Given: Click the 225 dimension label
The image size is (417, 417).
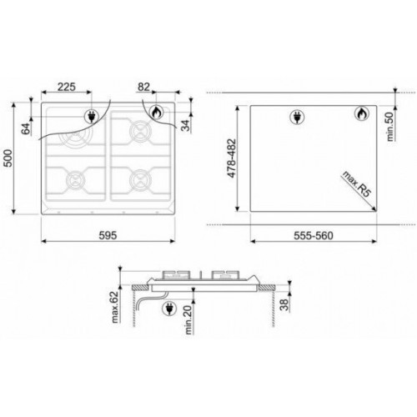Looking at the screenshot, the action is (x=67, y=87).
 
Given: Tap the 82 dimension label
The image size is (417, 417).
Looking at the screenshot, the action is (x=143, y=87).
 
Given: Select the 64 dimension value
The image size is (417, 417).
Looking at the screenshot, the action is (x=26, y=128).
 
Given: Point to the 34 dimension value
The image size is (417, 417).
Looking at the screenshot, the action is (x=185, y=124).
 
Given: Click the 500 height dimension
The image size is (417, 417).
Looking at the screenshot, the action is (x=8, y=158).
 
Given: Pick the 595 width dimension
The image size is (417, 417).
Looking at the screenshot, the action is (x=108, y=235).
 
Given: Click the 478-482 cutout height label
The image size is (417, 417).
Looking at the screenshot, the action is (x=231, y=158).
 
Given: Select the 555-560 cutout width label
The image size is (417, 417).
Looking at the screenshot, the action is (x=314, y=236).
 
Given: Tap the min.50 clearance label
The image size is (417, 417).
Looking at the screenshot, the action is (x=390, y=127).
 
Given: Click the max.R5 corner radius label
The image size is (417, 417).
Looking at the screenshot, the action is (x=357, y=184).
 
